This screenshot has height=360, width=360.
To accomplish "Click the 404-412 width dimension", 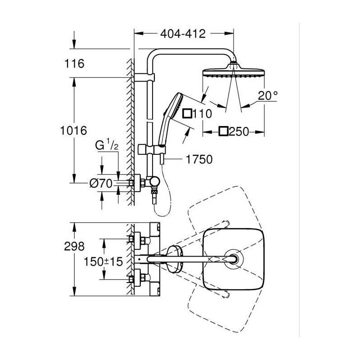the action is tap(183, 34).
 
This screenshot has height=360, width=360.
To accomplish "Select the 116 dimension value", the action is tap(74, 63).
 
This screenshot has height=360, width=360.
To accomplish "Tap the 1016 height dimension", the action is tap(73, 130).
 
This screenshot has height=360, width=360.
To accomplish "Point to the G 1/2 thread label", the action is tap(107, 145).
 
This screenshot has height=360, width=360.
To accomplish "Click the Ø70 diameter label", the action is tap(101, 183).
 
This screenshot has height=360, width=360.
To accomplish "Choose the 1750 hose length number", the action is tap(199, 160).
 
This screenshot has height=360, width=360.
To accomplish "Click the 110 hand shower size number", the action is tap(202, 114).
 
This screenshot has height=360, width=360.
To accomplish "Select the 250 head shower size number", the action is tap(239, 132).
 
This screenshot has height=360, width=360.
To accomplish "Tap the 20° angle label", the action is tap(268, 95).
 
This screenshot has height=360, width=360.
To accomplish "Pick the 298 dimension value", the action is tap(74, 246).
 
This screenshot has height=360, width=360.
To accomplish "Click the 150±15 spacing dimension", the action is tap(103, 261).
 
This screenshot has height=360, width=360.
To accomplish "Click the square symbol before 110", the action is tap(187, 113).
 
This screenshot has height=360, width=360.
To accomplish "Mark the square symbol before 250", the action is tap(223, 131).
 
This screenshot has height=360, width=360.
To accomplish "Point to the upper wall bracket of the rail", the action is tap(144, 77).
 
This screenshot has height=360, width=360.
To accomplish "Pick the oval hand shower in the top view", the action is tap(175, 259).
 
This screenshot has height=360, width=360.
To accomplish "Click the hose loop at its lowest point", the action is tap(162, 216).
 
